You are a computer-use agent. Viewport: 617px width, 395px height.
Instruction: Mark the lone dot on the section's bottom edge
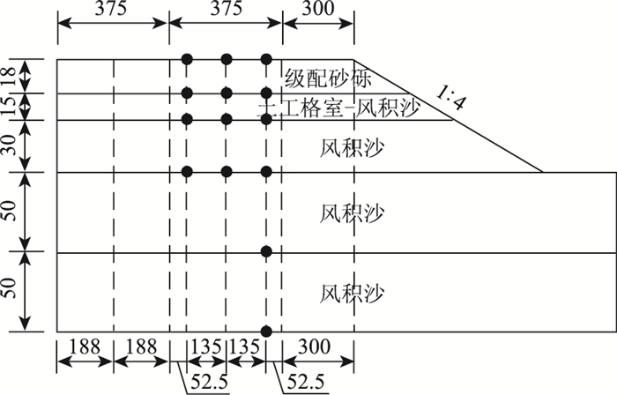[266, 332]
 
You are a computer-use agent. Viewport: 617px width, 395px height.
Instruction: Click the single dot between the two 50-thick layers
[266, 252]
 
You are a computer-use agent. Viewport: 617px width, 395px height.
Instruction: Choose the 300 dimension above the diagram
[317, 10]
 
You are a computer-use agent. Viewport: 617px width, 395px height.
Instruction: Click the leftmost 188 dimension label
[85, 348]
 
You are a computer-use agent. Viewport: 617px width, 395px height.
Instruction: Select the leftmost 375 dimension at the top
[112, 10]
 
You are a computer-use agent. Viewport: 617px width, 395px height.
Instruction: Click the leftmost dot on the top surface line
[187, 59]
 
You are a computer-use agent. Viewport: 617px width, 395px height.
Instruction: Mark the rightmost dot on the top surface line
[266, 59]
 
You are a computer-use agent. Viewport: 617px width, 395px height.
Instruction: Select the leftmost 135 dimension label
[206, 348]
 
